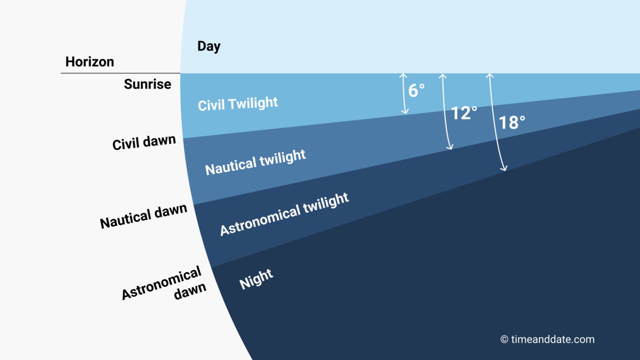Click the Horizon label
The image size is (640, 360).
(90, 61)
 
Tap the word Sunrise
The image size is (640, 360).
(147, 84)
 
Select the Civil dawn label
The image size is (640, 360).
(144, 142)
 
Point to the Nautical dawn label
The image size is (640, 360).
(143, 216)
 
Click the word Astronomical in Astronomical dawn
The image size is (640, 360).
(162, 283)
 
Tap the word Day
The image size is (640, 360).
(209, 46)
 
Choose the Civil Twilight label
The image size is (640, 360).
(238, 103)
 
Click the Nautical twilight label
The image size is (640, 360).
(255, 162)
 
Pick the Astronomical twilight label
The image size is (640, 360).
(284, 214)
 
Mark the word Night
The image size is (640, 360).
(256, 279)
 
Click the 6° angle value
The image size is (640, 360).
(417, 90)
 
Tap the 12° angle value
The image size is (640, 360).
(464, 113)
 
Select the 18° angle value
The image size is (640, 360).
(512, 123)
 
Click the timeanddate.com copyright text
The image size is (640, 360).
(547, 339)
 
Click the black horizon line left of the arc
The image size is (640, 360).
(121, 73)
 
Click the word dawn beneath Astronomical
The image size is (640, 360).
(190, 291)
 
